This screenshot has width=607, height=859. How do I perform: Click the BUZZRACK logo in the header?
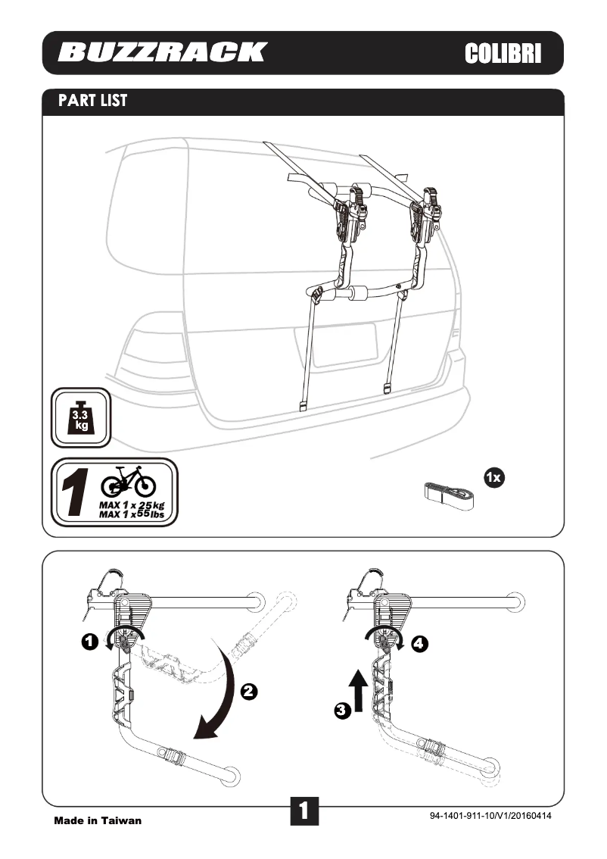pos(162,52)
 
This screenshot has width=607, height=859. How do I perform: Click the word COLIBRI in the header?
pos(503,53)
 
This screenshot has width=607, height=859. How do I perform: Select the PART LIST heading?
pos(93,101)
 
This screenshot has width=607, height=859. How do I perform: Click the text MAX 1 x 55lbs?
pos(131,514)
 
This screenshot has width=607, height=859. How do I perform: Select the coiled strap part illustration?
pos(447,493)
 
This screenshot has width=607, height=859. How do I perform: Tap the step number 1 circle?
pos(89,642)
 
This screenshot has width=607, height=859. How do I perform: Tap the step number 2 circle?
pos(249,690)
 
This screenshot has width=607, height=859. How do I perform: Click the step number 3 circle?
pos(343,711)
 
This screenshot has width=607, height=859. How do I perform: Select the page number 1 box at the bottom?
pos(303,811)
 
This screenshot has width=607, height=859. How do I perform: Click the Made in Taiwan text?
pos(98,820)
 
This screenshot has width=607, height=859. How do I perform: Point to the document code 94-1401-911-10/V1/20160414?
pos(490,816)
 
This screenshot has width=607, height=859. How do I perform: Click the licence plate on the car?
pos(344,345)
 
